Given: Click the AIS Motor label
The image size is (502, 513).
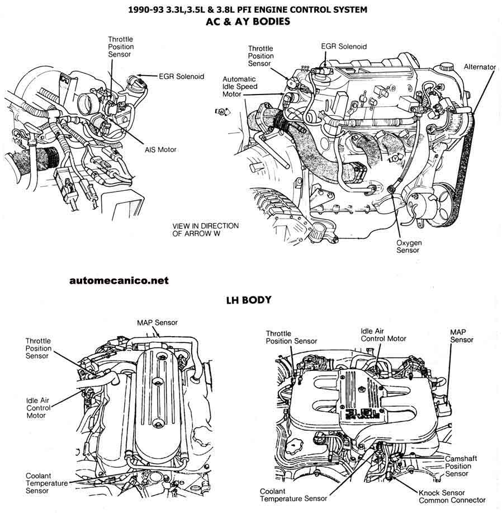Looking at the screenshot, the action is click(x=160, y=150).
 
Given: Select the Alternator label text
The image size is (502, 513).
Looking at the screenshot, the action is click(x=480, y=67).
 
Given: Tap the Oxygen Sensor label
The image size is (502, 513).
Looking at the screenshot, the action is click(x=409, y=246).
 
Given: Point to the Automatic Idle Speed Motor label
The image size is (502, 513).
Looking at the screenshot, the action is click(x=240, y=87).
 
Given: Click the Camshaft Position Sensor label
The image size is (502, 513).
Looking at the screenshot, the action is click(x=461, y=466).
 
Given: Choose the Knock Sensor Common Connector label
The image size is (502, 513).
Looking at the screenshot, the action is click(x=452, y=496).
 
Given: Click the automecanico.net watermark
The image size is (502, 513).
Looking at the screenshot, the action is click(x=119, y=280).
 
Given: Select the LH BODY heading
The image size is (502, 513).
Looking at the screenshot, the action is click(x=249, y=300).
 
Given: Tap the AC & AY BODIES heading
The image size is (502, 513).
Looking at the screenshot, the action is click(x=248, y=22).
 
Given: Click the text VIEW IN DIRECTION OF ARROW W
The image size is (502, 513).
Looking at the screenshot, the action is click(x=206, y=230).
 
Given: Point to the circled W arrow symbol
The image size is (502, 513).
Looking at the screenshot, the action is click(x=223, y=111).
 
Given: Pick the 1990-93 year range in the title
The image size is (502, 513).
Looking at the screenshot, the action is click(x=146, y=10).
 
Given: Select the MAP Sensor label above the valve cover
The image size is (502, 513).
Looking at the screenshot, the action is click(x=157, y=323).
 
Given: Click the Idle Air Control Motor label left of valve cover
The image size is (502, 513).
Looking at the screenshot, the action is click(x=38, y=408).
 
